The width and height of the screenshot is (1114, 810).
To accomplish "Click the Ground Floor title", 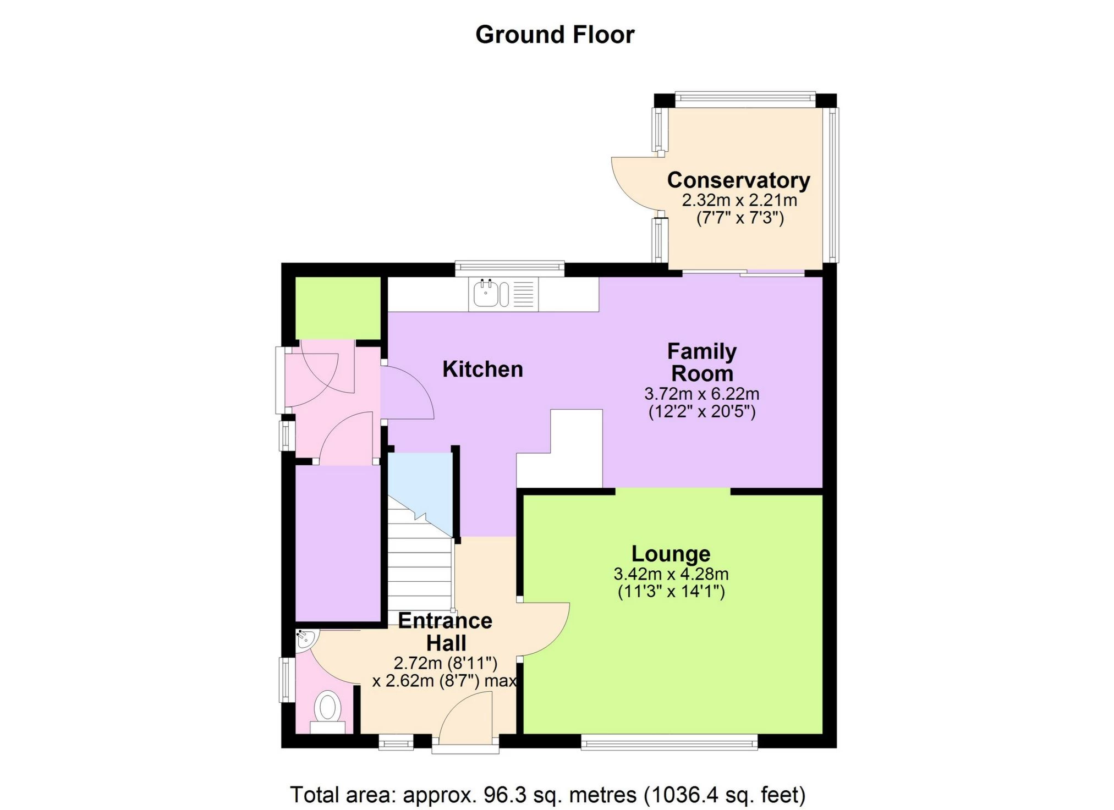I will (555, 35).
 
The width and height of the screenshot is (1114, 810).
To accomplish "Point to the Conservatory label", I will (738, 180).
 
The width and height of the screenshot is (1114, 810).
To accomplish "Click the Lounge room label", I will (671, 554).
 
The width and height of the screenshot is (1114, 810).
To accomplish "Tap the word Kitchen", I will (482, 369).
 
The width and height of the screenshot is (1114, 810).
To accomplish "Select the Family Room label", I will (702, 362).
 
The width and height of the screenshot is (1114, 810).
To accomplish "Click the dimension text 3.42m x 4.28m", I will (671, 574).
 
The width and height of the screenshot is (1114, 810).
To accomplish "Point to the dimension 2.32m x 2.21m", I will (739, 200).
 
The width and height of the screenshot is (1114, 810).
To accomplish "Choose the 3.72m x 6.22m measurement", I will (701, 394).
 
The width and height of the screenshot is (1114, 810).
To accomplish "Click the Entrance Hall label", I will (446, 631).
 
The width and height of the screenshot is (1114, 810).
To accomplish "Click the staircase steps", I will (419, 572).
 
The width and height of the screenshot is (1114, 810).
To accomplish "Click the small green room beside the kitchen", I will (338, 308).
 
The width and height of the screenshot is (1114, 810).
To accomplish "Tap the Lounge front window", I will (669, 743).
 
